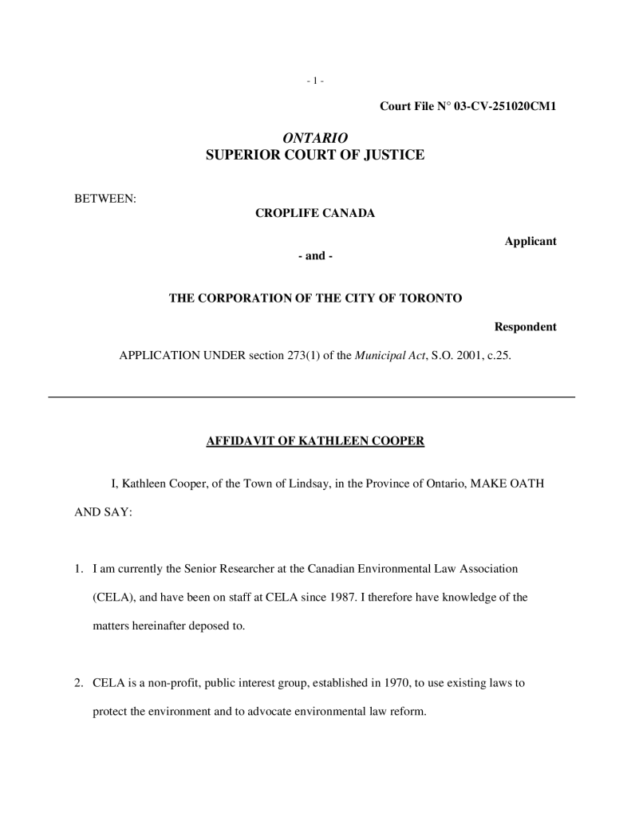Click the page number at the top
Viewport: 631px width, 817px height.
point(315,81)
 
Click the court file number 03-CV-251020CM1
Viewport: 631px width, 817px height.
point(504,106)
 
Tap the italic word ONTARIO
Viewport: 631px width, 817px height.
point(315,138)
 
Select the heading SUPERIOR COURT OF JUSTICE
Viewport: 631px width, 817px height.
point(315,156)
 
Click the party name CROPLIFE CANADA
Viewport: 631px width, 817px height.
point(315,213)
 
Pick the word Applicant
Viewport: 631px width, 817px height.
point(530,241)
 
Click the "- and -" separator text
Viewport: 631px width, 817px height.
point(315,256)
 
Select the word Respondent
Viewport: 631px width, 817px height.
point(525,327)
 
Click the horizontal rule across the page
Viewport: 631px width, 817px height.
point(312,397)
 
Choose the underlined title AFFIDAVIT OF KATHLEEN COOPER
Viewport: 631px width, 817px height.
point(315,440)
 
